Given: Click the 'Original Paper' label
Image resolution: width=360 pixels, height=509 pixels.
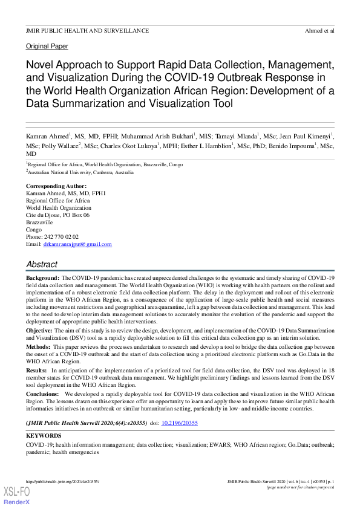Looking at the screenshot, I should coord(47,47).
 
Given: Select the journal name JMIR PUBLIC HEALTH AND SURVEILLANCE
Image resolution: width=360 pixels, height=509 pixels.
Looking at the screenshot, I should coord(87,30).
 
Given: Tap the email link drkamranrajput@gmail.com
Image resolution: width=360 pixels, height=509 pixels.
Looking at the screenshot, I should coord(77,244).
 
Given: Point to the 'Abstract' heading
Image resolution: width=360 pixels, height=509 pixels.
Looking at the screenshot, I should coord(42,264).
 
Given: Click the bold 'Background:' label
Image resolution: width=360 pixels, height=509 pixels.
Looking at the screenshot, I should coord(42,276).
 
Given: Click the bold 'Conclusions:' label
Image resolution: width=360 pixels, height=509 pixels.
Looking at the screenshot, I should coord(44,392).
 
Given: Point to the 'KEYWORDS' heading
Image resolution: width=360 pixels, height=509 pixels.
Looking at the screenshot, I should coord(44,435).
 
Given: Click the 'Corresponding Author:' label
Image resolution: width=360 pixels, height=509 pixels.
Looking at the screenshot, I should coord(56,186).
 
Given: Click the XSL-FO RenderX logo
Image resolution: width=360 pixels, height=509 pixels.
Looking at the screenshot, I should coord(17,496).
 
